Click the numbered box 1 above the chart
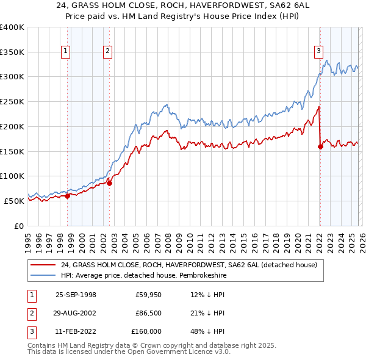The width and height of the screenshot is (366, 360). pyautogui.click(x=65, y=52)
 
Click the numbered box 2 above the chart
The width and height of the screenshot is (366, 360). pyautogui.click(x=107, y=52)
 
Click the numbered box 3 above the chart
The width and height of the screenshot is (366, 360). pyautogui.click(x=318, y=52)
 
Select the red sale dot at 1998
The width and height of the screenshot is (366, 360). pyautogui.click(x=68, y=196)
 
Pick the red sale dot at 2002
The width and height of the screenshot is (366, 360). pyautogui.click(x=110, y=182)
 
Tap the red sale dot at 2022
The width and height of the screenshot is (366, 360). pyautogui.click(x=320, y=146)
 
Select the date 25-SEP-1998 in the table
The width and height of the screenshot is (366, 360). pyautogui.click(x=76, y=295)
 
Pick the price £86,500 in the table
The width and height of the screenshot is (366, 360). pyautogui.click(x=148, y=313)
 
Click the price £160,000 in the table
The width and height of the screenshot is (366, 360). pyautogui.click(x=146, y=331)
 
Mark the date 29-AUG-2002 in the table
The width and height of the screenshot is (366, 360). pyautogui.click(x=76, y=313)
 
